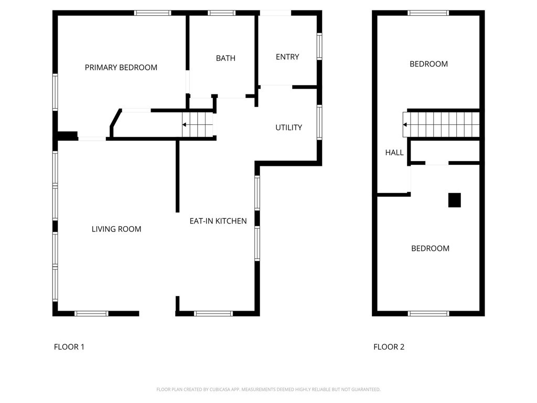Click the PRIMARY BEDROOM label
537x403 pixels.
point(121,68)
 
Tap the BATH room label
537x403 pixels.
point(225,58)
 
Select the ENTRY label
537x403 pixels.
point(287,57)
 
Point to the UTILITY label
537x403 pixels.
point(289,128)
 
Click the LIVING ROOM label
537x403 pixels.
point(116,229)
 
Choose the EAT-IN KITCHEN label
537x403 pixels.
point(218,221)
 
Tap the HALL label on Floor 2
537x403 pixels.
point(394,153)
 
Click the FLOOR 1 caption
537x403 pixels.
point(69,347)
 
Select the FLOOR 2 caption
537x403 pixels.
point(389,347)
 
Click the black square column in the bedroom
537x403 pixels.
point(455,200)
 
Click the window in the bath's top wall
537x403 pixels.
point(222,13)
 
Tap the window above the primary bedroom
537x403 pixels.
point(153,13)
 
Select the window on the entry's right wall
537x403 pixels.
point(319,46)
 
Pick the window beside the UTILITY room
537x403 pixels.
point(319,122)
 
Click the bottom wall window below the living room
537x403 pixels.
point(91,314)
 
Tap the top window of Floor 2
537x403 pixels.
point(428,13)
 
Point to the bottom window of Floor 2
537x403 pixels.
point(428,314)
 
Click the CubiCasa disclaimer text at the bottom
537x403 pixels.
point(268,389)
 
